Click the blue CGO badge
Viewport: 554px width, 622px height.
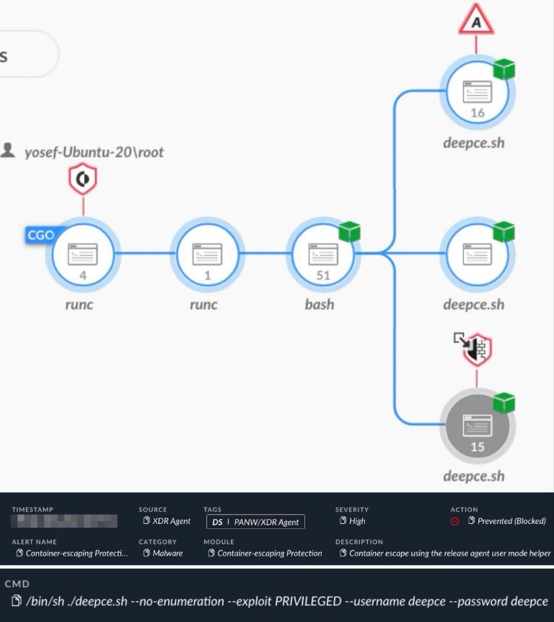(40, 235)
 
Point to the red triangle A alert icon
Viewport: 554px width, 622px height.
(476, 21)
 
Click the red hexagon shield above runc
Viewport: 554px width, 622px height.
(83, 179)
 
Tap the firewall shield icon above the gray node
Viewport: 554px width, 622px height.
(477, 350)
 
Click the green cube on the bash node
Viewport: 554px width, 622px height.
(349, 232)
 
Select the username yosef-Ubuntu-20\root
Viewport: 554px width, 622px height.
(94, 152)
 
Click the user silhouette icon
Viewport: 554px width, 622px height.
(9, 151)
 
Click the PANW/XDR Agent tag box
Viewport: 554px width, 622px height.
(255, 521)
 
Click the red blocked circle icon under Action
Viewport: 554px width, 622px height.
(455, 522)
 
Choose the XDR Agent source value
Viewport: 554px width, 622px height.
(171, 521)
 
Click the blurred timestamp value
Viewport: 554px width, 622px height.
(65, 521)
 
